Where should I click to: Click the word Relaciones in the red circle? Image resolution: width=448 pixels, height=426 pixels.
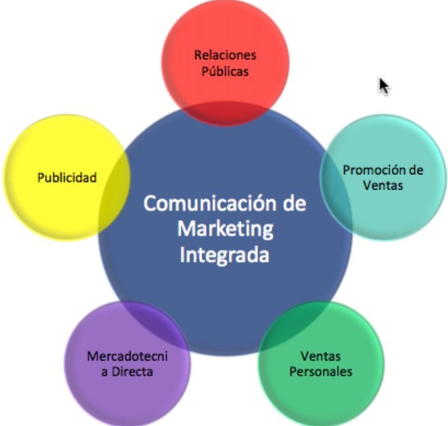point(225,55)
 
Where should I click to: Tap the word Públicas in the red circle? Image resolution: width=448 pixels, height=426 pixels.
point(225,70)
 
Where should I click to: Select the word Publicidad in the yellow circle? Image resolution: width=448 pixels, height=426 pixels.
point(67,178)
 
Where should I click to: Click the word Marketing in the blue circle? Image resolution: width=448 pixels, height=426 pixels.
point(225,229)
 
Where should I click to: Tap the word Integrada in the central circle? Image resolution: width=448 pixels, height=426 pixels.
point(225,255)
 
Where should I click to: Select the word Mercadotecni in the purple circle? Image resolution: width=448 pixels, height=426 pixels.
point(128,356)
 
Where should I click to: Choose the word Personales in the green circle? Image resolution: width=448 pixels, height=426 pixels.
point(322,371)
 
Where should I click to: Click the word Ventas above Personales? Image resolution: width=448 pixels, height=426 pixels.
point(322,356)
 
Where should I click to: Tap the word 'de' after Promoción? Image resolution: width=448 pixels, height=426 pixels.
point(414,170)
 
